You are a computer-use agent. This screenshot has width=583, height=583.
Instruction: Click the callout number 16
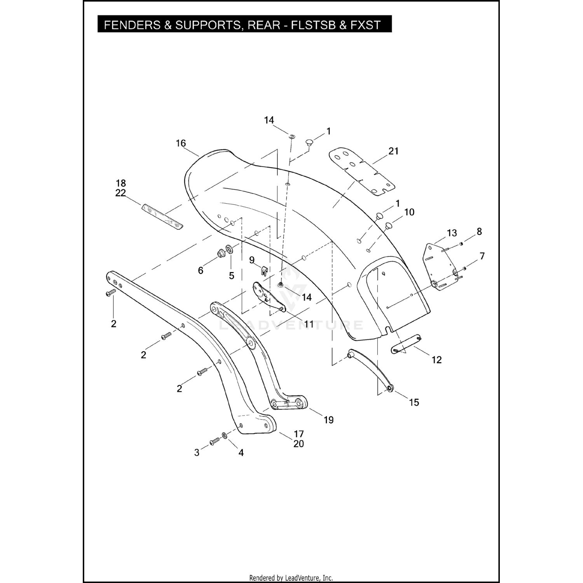181,143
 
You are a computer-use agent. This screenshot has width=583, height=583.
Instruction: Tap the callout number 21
393,151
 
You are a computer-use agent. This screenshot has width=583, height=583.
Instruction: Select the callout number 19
328,420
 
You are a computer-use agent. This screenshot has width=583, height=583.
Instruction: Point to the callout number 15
414,402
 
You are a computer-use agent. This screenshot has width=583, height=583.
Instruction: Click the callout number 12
436,360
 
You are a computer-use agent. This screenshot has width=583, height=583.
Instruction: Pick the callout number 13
452,233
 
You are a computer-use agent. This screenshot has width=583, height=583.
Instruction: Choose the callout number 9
251,260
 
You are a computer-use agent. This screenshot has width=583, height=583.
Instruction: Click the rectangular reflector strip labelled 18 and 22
162,216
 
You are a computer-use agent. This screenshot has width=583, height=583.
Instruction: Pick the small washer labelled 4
225,435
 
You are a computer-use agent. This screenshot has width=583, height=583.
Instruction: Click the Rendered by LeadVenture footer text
291,578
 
